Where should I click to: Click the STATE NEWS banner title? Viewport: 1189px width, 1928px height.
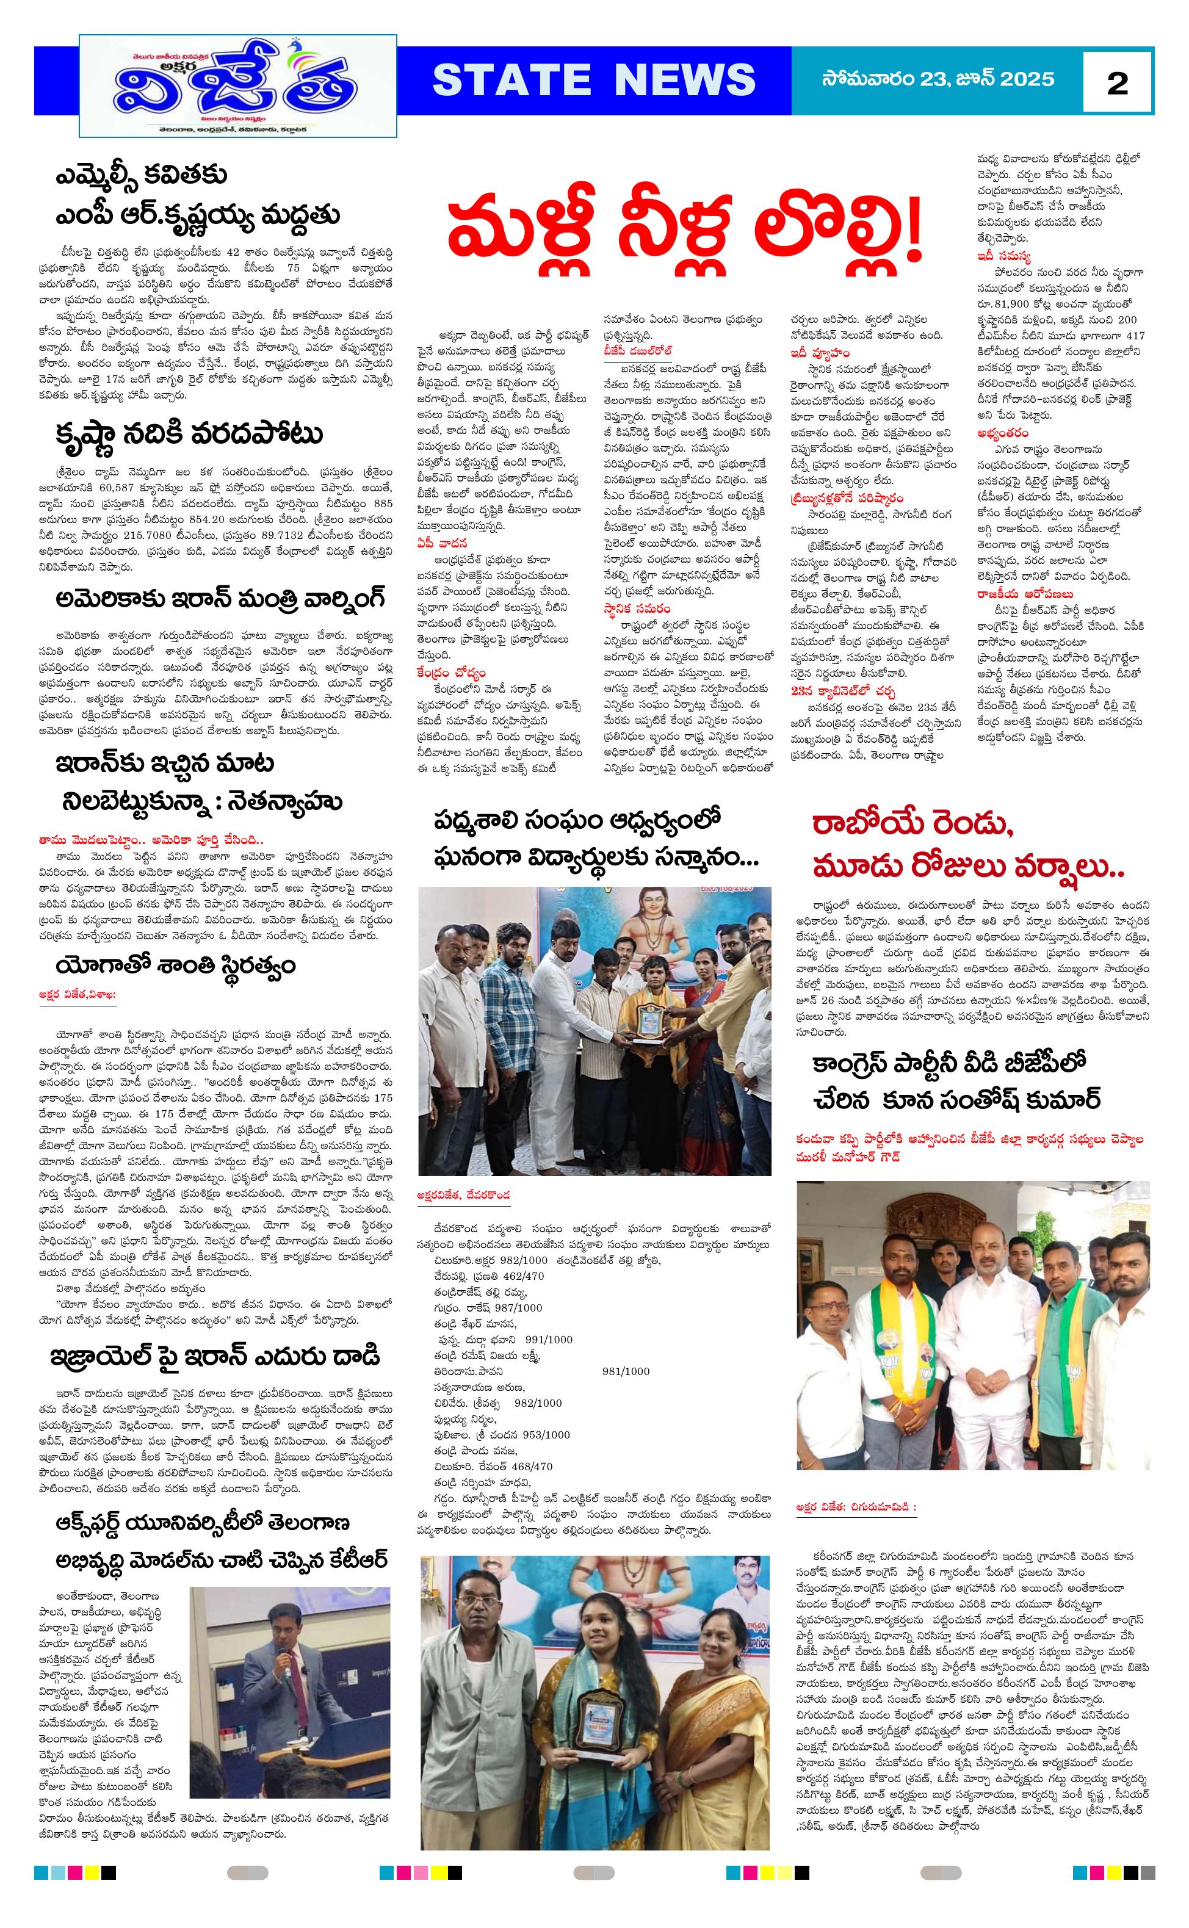(594, 80)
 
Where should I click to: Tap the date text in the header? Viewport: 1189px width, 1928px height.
(938, 79)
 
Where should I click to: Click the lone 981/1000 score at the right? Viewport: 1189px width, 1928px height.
(626, 1371)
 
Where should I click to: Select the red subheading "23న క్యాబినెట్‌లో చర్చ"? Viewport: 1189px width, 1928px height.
(843, 691)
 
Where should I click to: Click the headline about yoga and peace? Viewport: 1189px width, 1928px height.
(175, 966)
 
